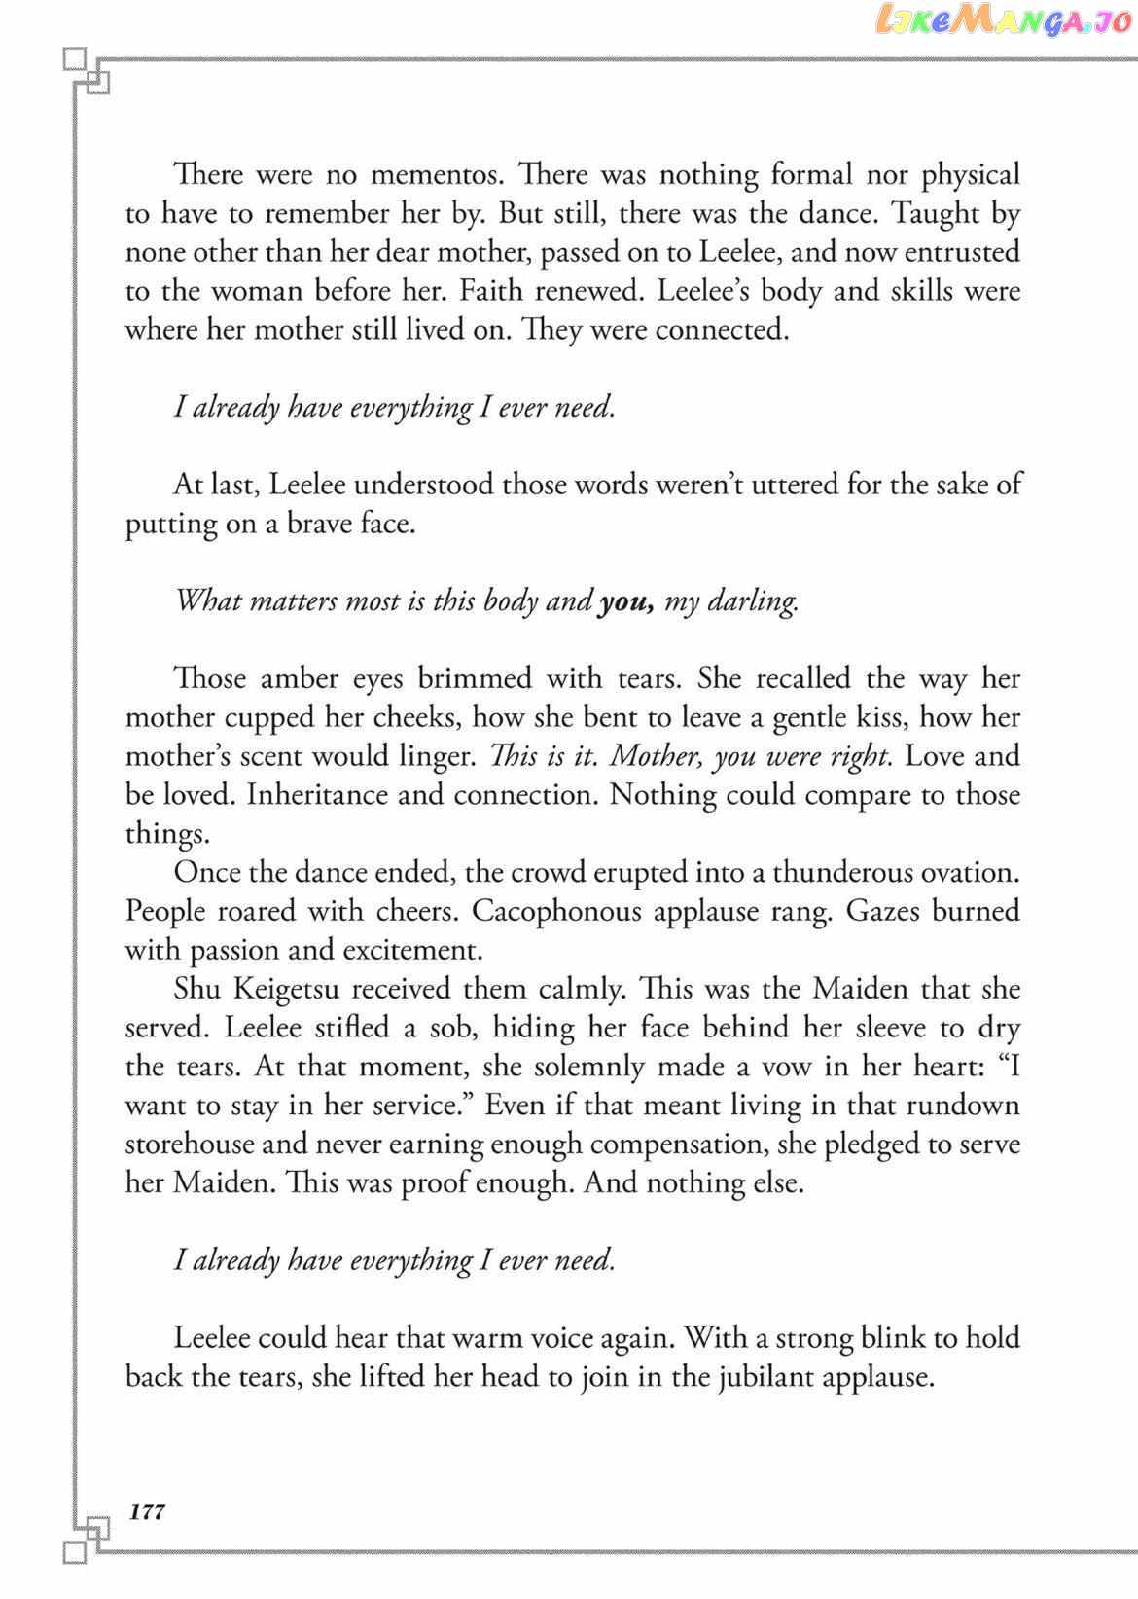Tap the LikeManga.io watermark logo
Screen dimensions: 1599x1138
[1002, 20]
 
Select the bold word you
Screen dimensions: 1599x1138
[625, 601]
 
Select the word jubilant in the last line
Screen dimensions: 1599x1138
[758, 1377]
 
